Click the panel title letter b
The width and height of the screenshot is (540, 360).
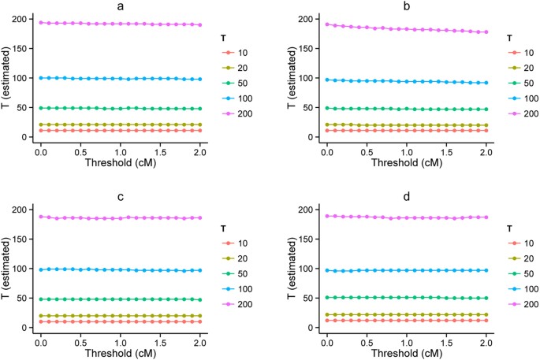click(405, 6)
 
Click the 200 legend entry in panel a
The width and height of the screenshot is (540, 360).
click(235, 113)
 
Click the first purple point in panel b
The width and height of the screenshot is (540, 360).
click(327, 24)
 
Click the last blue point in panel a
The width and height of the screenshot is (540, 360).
click(199, 79)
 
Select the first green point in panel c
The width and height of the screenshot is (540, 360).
click(40, 299)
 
